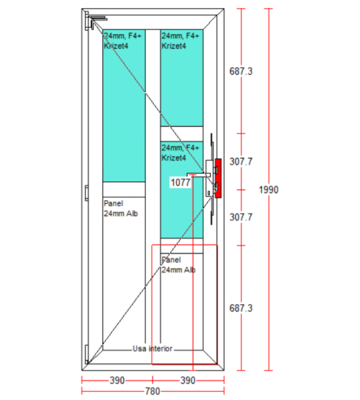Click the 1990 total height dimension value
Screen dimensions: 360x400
click(269, 190)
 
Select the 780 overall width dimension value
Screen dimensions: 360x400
click(153, 391)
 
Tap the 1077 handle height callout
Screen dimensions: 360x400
click(181, 183)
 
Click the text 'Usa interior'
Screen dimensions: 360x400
click(153, 349)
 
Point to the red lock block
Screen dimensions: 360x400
click(218, 178)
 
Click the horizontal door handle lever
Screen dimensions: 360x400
click(199, 175)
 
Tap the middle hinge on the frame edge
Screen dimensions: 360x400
click(87, 193)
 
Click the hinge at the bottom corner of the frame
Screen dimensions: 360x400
click(87, 354)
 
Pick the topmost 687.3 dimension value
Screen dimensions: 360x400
click(241, 71)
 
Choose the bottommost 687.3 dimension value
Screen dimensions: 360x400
click(241, 308)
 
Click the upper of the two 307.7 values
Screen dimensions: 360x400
click(241, 161)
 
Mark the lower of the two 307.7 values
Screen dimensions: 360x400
click(241, 217)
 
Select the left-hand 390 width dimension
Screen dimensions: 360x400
click(117, 381)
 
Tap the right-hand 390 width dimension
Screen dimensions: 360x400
click(188, 381)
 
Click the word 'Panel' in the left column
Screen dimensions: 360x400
click(113, 203)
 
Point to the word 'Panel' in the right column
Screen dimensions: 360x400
click(171, 260)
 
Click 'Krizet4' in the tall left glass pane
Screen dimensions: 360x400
click(116, 46)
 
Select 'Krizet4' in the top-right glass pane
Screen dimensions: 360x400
click(174, 46)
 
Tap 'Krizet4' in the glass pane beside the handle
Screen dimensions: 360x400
click(174, 157)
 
